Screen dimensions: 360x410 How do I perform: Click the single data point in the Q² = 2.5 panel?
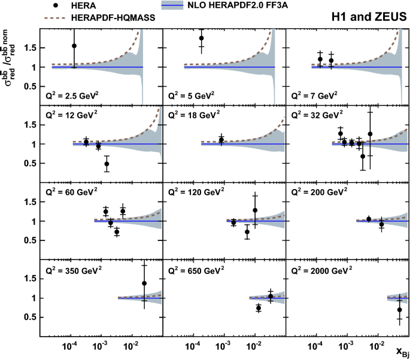(x=74, y=46)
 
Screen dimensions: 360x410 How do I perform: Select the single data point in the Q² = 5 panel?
(x=201, y=38)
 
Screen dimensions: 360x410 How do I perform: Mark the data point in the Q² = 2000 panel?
(x=399, y=310)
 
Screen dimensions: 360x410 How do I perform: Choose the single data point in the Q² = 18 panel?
(x=221, y=140)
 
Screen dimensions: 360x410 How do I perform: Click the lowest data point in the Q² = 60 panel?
(x=117, y=232)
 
